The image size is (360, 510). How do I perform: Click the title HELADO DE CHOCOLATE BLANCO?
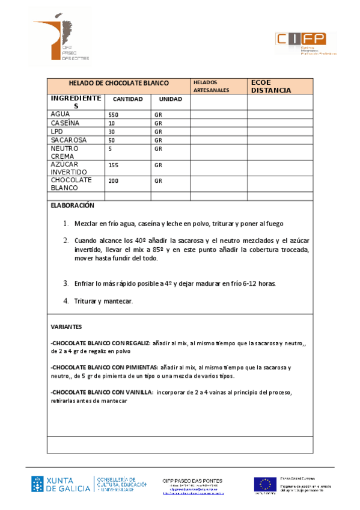pos(118,83)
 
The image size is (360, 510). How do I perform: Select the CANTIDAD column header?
pos(128,99)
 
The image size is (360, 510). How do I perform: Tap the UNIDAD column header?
pos(170,99)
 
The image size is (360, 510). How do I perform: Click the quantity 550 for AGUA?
pos(113,114)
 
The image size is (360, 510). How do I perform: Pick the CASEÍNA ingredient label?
pos(66,123)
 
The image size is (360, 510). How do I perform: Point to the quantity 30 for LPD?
pos(111,132)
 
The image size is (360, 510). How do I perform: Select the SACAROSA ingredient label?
pos(69,140)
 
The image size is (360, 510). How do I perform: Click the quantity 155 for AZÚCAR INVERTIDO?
pos(113,164)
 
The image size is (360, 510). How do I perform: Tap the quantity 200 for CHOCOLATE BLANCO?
pos(113,180)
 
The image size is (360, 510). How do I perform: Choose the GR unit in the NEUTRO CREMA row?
pos(159,149)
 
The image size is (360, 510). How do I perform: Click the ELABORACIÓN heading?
pos(73,205)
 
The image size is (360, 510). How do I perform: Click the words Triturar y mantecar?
pos(103,301)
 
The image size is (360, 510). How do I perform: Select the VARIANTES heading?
pos(66,327)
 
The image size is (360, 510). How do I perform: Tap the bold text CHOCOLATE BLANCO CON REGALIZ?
pos(101,343)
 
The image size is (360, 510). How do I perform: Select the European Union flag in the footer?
pos(264,484)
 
